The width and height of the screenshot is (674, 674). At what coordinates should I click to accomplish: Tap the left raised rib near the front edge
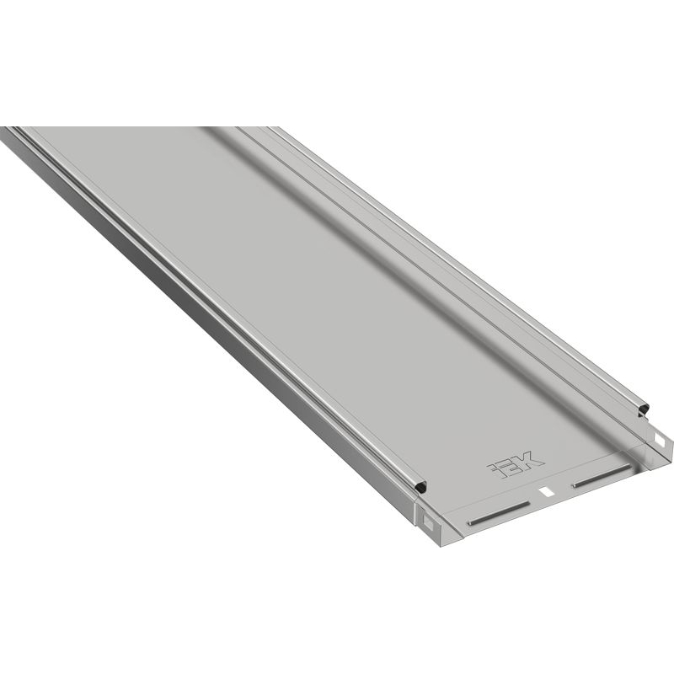[499, 512]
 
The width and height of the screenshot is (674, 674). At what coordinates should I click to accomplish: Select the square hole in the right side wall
[658, 439]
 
